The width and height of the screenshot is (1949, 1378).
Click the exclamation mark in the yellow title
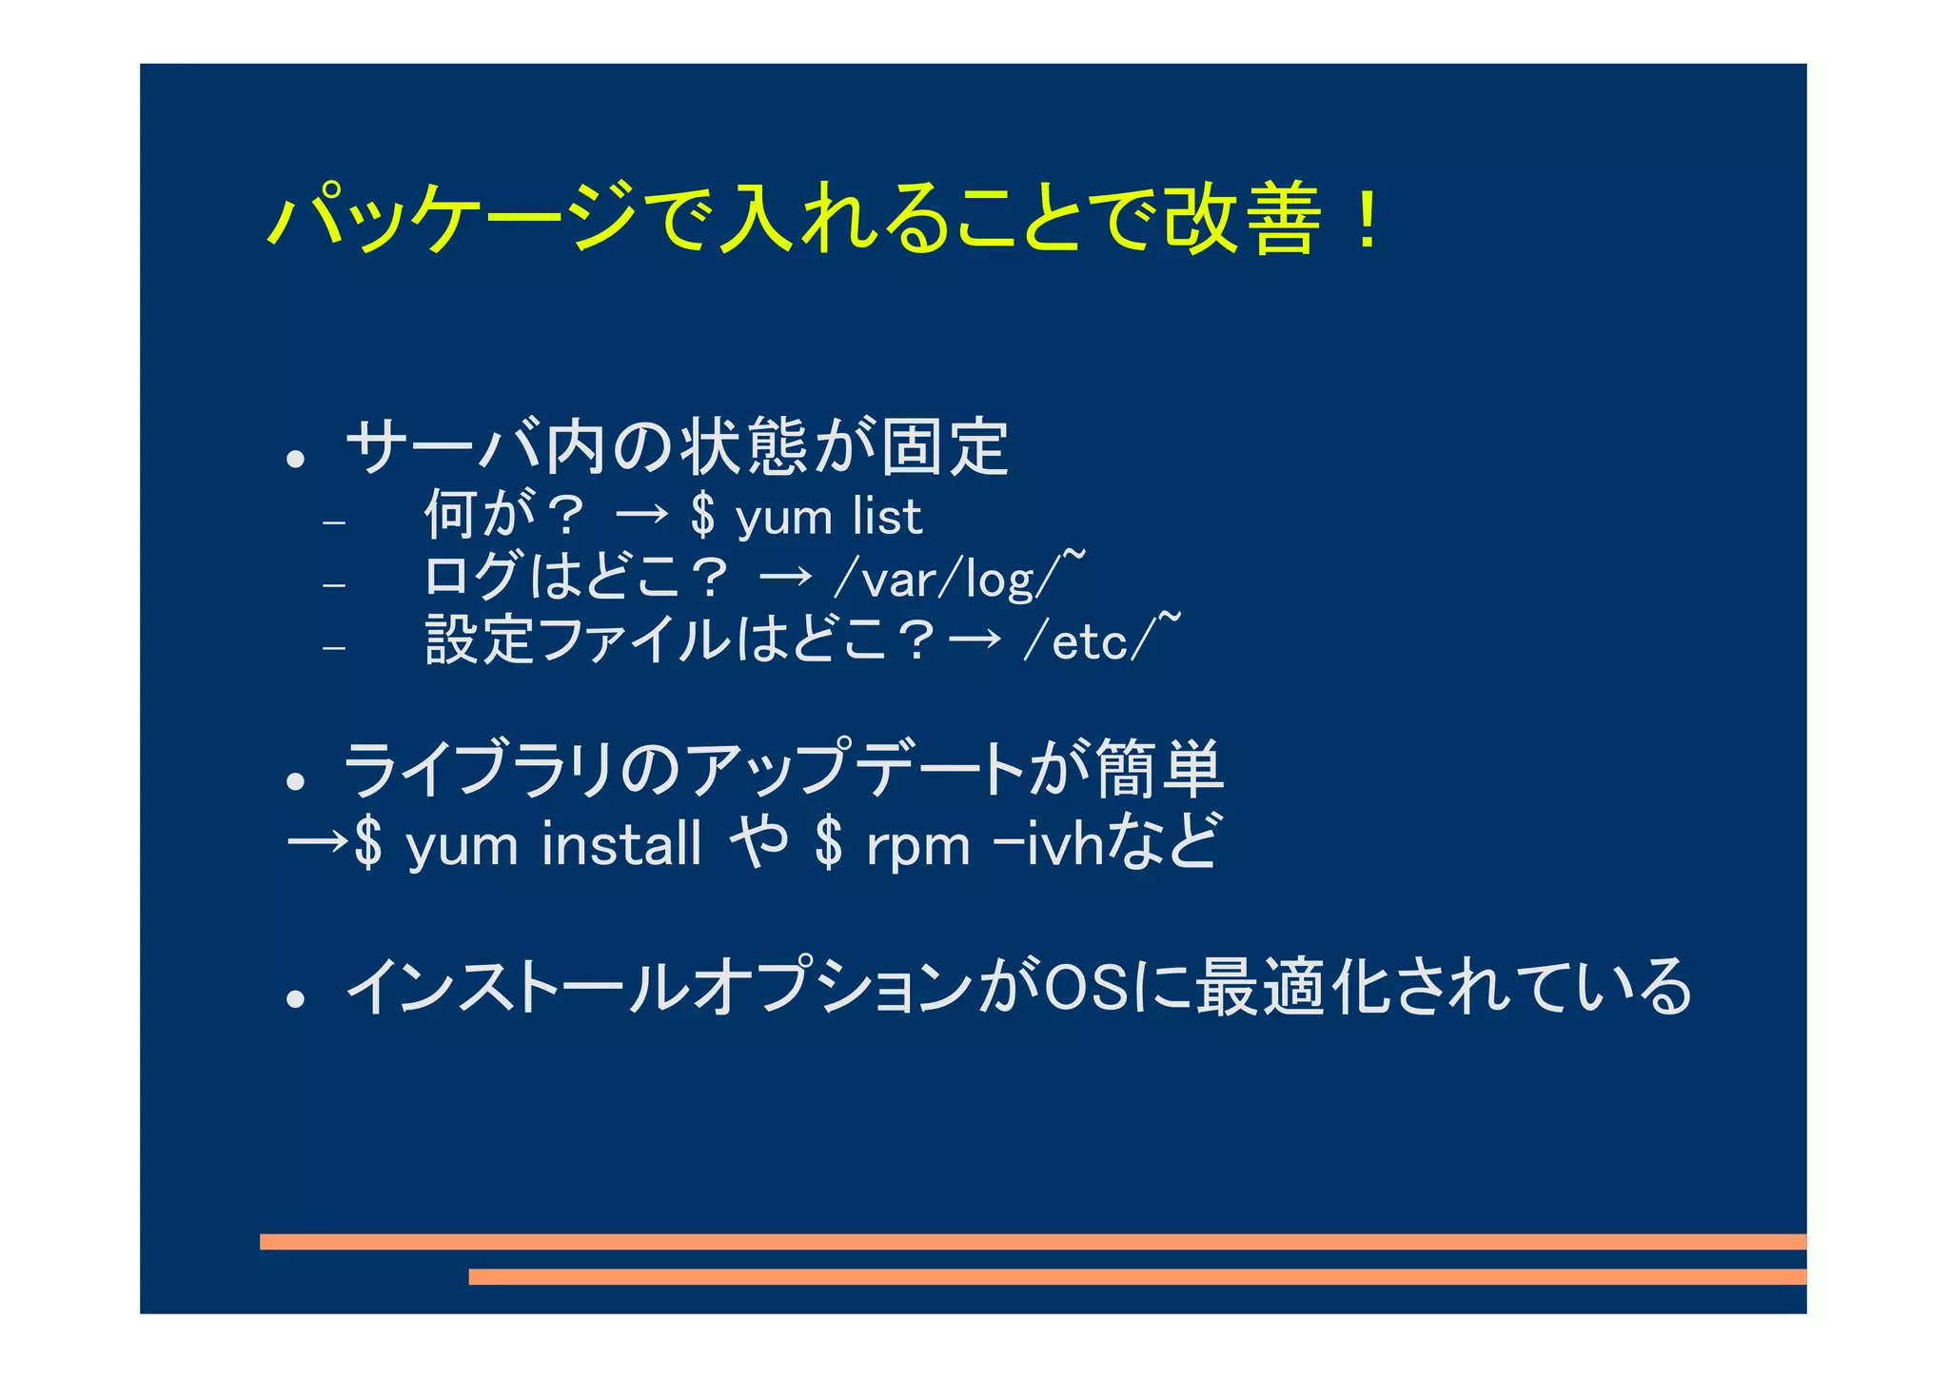pos(1367,221)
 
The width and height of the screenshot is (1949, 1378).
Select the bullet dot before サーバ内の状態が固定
pos(296,460)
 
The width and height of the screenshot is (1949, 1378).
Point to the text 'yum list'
pos(828,519)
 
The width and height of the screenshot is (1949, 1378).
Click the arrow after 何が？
pos(642,517)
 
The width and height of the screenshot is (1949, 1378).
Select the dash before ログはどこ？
pos(333,584)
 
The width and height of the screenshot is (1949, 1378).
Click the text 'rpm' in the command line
pos(917,846)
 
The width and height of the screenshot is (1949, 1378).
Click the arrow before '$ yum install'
pos(317,842)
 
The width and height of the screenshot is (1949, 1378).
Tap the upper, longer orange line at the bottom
pos(1033,1242)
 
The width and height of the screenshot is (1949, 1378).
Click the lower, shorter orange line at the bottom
pos(1137,1277)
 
